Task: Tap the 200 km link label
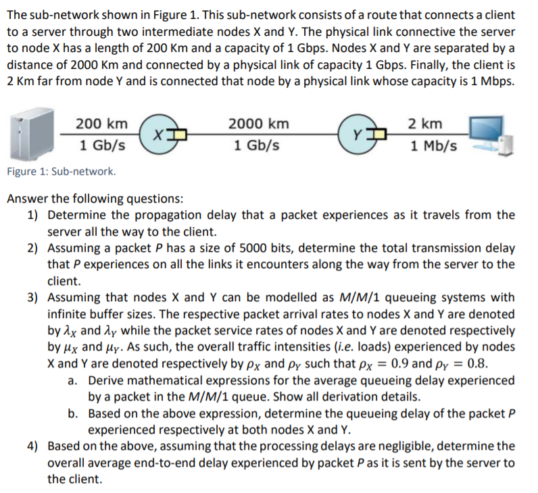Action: (x=101, y=124)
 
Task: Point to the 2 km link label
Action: (x=426, y=124)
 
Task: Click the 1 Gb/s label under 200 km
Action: (x=101, y=145)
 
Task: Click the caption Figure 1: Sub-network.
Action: (x=62, y=172)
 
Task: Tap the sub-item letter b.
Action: (x=74, y=413)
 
